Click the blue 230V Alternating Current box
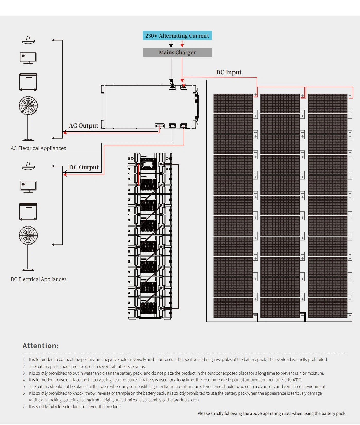pos(177,36)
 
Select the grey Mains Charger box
pos(177,52)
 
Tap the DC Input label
pos(229,72)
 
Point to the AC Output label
pos(84,125)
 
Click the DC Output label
pos(84,167)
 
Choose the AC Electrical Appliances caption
pos(38,148)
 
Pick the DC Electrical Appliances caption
pos(39,279)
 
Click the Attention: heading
pos(41,346)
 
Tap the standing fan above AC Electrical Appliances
pos(28,118)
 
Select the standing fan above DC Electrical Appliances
pos(28,248)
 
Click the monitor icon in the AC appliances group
pos(28,58)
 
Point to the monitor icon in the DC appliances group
pos(28,186)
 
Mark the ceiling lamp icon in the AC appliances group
pos(28,40)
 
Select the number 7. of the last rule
pos(24,406)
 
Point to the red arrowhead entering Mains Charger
pos(182,46)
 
